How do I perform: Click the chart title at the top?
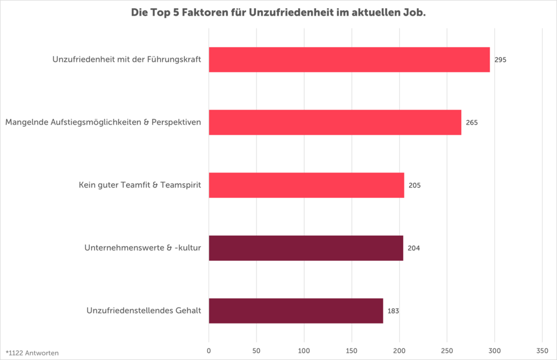(x=278, y=12)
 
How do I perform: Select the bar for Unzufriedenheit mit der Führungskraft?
(x=349, y=60)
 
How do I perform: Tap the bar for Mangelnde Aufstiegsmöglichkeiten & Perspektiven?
(x=335, y=123)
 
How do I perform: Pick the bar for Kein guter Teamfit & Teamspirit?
(x=306, y=185)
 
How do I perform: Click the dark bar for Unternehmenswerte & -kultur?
(x=306, y=248)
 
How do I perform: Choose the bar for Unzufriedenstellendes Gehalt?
(x=296, y=311)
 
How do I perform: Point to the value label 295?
(x=500, y=60)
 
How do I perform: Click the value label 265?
(x=472, y=123)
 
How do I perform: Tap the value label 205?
(x=414, y=185)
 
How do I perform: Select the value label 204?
(x=414, y=248)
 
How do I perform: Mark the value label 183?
(x=393, y=311)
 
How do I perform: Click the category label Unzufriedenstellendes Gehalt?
(x=144, y=311)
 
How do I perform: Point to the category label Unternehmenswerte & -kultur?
(x=143, y=248)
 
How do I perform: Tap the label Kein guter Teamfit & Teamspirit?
(x=140, y=185)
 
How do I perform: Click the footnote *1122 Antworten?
(x=32, y=352)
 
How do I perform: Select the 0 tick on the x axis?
(x=209, y=351)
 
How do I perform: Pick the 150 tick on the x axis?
(x=352, y=351)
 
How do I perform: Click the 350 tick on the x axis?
(x=542, y=351)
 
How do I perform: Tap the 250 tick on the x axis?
(x=447, y=351)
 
